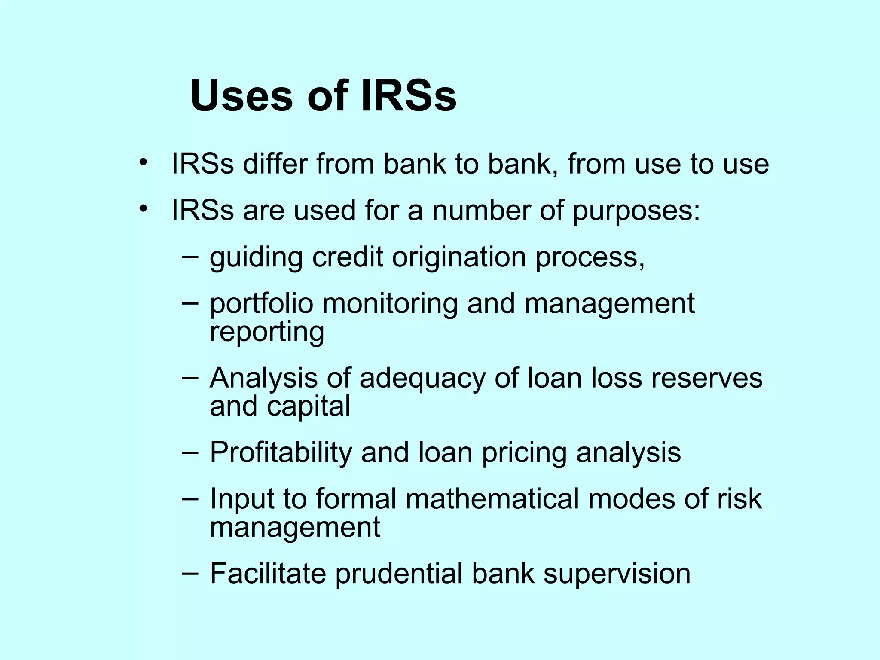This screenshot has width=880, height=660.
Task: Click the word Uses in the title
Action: [241, 96]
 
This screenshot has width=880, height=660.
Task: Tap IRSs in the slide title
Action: [408, 96]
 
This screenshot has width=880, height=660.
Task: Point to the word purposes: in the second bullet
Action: [636, 211]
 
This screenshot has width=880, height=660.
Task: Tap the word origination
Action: [459, 258]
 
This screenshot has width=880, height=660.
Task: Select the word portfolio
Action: [261, 304]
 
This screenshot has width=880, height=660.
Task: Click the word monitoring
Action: [390, 304]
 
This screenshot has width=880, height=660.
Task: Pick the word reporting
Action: [267, 332]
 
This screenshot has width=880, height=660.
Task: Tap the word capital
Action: [309, 407]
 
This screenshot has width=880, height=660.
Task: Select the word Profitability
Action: [281, 453]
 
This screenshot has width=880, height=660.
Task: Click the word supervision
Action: [617, 574]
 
